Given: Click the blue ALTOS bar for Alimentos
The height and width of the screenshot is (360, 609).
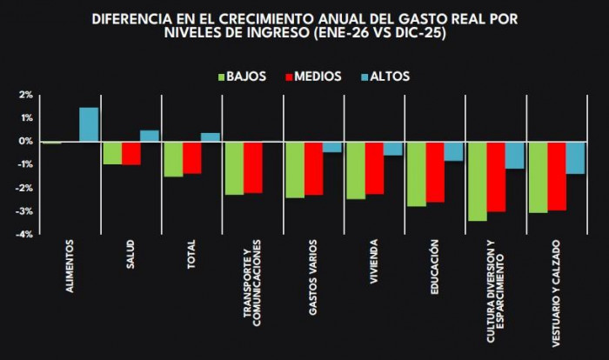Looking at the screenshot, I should point(89,124).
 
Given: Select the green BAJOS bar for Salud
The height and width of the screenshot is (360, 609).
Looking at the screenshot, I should point(112,152).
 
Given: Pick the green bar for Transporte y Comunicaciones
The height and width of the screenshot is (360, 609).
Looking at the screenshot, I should point(234,168).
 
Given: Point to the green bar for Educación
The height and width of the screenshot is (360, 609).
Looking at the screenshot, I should point(416,173).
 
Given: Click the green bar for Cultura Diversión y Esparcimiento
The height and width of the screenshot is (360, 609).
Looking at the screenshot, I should point(477,181).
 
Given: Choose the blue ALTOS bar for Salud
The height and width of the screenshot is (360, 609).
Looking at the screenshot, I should point(150,136).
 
